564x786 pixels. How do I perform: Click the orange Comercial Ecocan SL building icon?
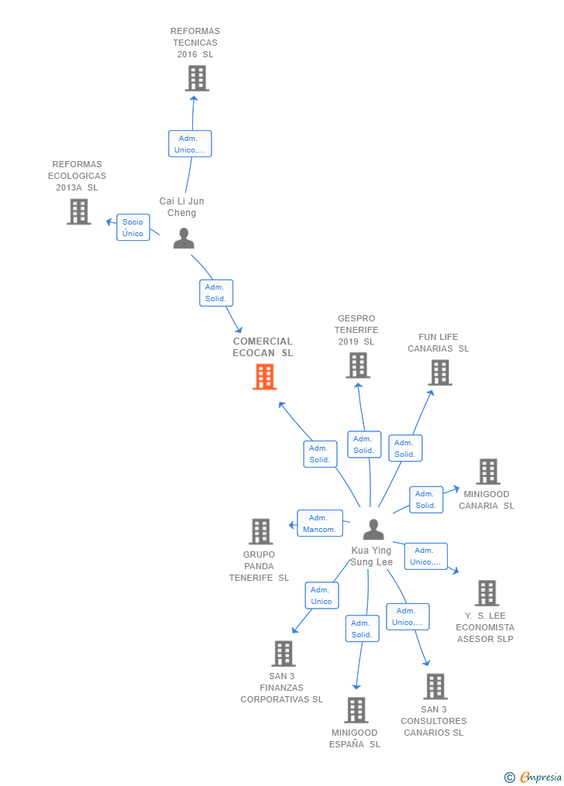point(264,377)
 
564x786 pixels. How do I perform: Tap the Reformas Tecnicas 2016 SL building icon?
point(197,78)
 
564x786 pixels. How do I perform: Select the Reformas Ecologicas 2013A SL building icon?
point(78,211)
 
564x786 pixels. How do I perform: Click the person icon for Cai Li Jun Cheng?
point(184,239)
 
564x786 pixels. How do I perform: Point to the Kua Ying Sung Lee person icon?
point(373,530)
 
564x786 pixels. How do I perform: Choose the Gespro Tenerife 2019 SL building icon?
point(357,366)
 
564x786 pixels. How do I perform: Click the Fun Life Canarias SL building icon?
point(440,372)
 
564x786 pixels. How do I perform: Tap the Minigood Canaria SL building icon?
point(487,471)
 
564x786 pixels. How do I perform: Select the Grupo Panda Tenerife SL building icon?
point(260,531)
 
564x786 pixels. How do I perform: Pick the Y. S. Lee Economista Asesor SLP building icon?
point(487,592)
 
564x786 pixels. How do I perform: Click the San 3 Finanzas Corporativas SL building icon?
point(283,654)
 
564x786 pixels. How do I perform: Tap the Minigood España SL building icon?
point(356,710)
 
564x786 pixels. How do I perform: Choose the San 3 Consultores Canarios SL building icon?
point(435,687)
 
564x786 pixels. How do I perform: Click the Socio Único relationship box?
point(132,228)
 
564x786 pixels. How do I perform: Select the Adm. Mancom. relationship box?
point(319,523)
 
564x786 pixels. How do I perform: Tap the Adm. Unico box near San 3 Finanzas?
point(322,596)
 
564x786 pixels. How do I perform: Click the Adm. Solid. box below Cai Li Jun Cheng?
point(215,293)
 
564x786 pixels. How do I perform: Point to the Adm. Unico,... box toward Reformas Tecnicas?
point(190,144)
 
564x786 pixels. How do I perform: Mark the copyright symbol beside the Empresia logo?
point(509,777)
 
